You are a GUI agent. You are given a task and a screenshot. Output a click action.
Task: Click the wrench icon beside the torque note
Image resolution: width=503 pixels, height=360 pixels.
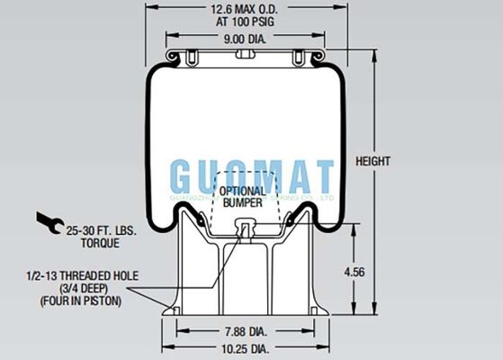[49, 220]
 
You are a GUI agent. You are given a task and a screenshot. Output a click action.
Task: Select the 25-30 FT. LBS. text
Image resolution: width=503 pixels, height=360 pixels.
[100, 231]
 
